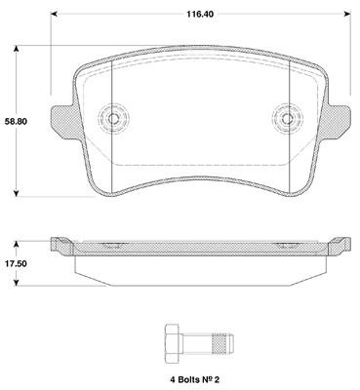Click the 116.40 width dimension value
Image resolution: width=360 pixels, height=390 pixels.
click(x=200, y=14)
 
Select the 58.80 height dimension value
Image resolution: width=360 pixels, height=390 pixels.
click(x=16, y=122)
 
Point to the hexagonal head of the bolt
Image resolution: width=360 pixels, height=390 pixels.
click(x=172, y=345)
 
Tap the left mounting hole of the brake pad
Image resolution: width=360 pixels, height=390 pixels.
click(x=113, y=118)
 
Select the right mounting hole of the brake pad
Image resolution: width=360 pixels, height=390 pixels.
click(x=288, y=119)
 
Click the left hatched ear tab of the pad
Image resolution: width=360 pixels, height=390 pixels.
click(x=63, y=121)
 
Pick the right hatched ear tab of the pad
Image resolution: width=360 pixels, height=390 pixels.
click(x=339, y=122)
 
